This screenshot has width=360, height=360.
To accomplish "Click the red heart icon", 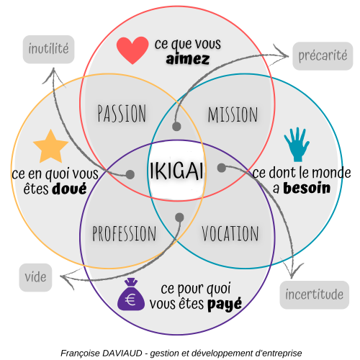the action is pyautogui.click(x=132, y=50).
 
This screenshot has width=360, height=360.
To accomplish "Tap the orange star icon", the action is pyautogui.click(x=50, y=147).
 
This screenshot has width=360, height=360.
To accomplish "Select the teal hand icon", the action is pyautogui.click(x=297, y=145).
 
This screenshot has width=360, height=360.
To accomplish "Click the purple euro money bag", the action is pyautogui.click(x=131, y=294).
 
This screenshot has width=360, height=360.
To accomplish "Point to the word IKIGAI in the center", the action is pyautogui.click(x=176, y=171).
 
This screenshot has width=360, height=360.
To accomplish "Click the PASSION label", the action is pyautogui.click(x=122, y=113).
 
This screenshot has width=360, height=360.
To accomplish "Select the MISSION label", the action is pyautogui.click(x=233, y=114).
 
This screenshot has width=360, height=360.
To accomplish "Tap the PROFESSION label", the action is pyautogui.click(x=125, y=233).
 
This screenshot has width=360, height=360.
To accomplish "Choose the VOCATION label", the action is pyautogui.click(x=230, y=233).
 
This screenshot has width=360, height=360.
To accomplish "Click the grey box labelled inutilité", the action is pyautogui.click(x=48, y=50).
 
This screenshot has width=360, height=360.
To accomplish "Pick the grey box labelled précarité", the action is pyautogui.click(x=323, y=56).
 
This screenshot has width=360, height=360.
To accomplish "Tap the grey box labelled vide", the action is pyautogui.click(x=35, y=277).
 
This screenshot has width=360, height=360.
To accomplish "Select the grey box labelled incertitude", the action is pyautogui.click(x=315, y=294).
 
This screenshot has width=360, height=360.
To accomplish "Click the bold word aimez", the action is pyautogui.click(x=188, y=59).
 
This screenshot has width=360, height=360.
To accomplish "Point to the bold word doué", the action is pyautogui.click(x=70, y=189).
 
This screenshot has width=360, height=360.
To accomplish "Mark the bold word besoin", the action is pyautogui.click(x=307, y=188).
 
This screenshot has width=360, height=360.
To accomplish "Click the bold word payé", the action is pyautogui.click(x=225, y=305).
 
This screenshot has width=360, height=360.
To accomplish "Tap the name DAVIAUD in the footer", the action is pyautogui.click(x=122, y=353).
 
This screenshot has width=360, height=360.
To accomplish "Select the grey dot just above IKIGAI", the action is pyautogui.click(x=176, y=126).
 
